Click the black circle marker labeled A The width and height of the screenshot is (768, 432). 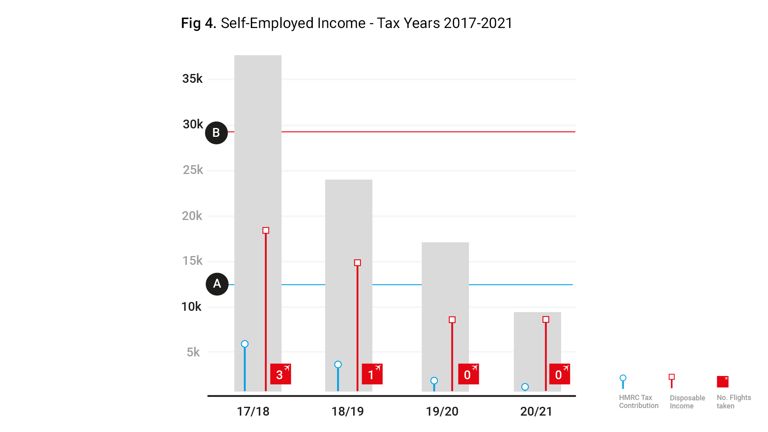pos(217,284)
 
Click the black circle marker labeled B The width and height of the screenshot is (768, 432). pos(216,133)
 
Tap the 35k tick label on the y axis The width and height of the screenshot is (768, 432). pos(192,79)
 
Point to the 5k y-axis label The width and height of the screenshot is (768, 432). pos(193,352)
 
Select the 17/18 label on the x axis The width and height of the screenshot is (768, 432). pos(253,412)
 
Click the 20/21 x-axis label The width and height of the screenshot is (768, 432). pos(536,412)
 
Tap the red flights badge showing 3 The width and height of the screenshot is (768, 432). pos(280,374)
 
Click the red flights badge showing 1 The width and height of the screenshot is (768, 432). pos(372,374)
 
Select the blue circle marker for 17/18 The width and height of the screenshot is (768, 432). pos(245,344)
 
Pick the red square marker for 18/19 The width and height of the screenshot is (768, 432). pos(358,263)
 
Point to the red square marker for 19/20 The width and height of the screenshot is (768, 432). pos(452,320)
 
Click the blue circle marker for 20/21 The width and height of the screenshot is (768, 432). pos(525,387)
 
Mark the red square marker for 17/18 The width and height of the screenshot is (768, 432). pos(266,230)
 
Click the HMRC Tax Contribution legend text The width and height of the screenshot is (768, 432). pos(638,402)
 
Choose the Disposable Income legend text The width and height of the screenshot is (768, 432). pos(687,402)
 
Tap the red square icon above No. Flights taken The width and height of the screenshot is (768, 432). pos(722,382)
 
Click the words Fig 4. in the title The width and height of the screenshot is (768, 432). pos(198,23)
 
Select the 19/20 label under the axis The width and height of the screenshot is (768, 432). pos(442,412)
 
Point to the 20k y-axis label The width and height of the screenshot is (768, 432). pos(192,216)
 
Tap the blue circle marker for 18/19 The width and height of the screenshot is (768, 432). pos(338,364)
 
